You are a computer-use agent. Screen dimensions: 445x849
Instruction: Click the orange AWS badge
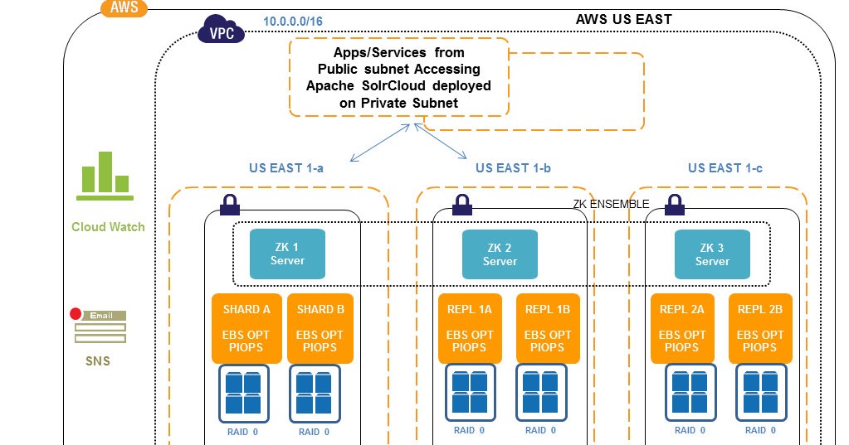[123, 9]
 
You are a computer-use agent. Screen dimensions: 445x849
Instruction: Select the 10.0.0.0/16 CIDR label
[293, 21]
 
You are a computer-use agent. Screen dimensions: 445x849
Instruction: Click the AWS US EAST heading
[623, 19]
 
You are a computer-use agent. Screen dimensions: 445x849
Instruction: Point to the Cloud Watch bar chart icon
[105, 176]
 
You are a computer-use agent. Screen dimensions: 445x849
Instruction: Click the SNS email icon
[99, 327]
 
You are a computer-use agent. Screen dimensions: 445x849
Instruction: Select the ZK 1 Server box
[287, 254]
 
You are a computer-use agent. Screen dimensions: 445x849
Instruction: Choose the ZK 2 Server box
[500, 254]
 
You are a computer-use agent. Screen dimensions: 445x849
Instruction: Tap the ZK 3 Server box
[712, 254]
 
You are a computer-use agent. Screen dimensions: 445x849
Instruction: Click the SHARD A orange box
[247, 328]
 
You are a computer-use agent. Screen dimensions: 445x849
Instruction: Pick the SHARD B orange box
[320, 328]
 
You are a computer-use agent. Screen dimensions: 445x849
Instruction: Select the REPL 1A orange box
[471, 328]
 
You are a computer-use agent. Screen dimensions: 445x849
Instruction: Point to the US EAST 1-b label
[513, 167]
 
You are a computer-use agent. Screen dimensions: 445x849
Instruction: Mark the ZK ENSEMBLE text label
[612, 204]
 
